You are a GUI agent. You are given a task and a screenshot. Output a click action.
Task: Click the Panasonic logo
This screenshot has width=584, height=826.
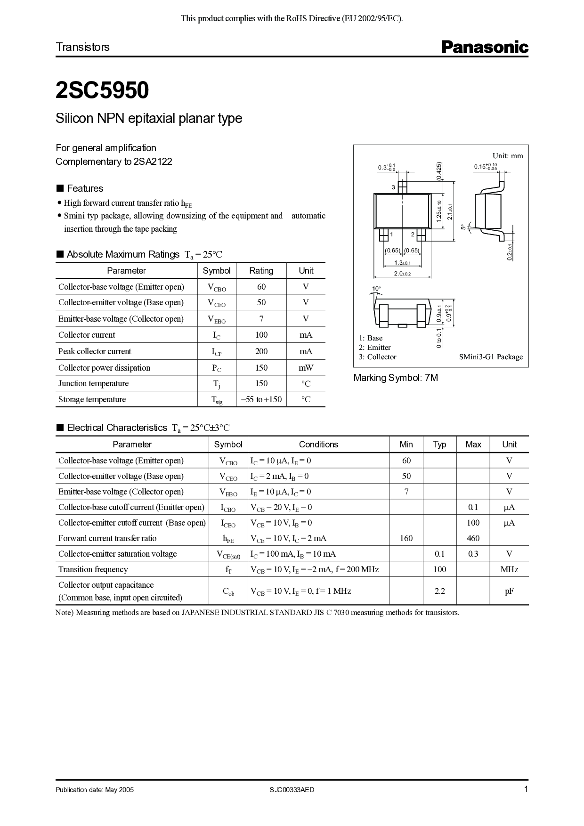tap(485, 47)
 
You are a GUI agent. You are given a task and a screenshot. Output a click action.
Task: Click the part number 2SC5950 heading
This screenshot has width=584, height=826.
tap(102, 90)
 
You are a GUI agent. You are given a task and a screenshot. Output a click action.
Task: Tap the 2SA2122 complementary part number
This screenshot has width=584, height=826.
tap(153, 162)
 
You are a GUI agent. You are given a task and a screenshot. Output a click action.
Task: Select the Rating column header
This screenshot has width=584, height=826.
tap(261, 271)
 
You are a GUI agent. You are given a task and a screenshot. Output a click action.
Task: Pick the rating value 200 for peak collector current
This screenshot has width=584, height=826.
tap(261, 351)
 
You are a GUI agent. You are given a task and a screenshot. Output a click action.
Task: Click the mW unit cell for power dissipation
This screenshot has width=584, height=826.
tap(306, 368)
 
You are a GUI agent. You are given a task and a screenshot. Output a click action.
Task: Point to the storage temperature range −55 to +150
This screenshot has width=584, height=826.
tap(261, 399)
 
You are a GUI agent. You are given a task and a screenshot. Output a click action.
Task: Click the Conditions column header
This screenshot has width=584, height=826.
tap(318, 445)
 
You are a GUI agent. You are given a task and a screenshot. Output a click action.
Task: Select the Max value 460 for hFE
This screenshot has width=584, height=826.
tap(473, 538)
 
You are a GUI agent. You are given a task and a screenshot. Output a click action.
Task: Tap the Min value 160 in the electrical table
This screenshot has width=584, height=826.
tap(406, 538)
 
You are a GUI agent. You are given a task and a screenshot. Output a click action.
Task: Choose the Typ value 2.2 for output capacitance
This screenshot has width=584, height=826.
tap(439, 591)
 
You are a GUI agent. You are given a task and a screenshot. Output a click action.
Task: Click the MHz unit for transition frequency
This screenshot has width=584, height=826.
tap(509, 569)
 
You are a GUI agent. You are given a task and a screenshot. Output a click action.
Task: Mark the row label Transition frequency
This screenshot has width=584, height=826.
tap(93, 569)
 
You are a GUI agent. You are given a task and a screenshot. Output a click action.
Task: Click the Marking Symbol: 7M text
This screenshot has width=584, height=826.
tap(396, 378)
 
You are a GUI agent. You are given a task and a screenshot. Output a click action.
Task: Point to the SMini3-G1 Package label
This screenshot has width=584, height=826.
tap(491, 357)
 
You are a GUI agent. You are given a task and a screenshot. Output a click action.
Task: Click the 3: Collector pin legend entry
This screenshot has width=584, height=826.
tap(377, 357)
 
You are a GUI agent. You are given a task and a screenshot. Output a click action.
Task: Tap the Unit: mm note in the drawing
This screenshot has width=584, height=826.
tap(507, 156)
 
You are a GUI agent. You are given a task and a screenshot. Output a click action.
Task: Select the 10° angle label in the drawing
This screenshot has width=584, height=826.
tap(376, 288)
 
